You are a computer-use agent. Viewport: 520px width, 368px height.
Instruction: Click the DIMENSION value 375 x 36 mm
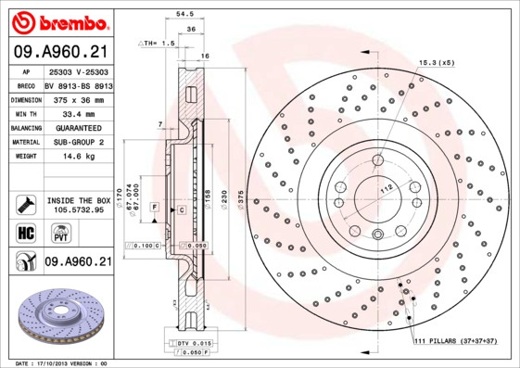pos(78,97)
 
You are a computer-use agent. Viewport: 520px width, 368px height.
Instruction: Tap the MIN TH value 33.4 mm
pos(78,112)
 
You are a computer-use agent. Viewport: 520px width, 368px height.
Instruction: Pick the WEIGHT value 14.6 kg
pos(78,157)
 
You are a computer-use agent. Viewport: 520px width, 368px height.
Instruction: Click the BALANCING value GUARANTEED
pos(78,127)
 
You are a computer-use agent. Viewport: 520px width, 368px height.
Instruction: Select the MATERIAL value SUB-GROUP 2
pos(78,142)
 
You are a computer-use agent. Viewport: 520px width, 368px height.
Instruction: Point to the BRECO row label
pos(26,83)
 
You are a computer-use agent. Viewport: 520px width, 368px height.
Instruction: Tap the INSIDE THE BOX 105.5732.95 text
pos(79,204)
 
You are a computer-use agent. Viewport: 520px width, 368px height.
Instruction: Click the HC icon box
pos(25,233)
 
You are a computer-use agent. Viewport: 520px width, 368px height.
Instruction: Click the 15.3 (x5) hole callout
pos(436,62)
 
